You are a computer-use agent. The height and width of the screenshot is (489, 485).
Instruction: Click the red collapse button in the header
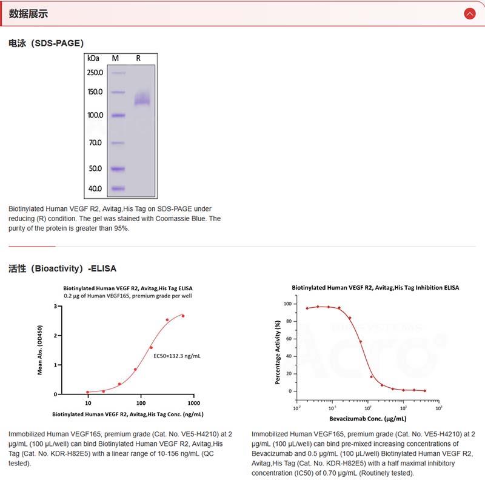[x=469, y=13]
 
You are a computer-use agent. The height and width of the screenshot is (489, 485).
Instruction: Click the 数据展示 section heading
[x=28, y=13]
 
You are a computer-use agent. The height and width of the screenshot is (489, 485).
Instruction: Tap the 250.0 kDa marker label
[x=95, y=73]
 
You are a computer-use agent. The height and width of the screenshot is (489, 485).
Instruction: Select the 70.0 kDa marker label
[x=95, y=143]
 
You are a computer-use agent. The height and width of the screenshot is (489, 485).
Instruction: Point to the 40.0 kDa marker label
[x=95, y=188]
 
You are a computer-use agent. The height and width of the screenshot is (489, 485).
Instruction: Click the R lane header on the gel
[x=138, y=58]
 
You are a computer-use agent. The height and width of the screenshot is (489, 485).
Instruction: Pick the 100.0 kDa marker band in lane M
[x=118, y=115]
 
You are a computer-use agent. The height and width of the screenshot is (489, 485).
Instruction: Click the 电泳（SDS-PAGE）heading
[x=46, y=43]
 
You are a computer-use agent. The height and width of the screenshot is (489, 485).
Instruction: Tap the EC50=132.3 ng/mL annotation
[x=176, y=356]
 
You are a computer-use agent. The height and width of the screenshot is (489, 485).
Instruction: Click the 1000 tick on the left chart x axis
[x=194, y=403]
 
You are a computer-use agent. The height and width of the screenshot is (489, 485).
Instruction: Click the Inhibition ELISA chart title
[x=375, y=287]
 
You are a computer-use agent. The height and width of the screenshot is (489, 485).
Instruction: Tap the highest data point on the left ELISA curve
[x=182, y=316]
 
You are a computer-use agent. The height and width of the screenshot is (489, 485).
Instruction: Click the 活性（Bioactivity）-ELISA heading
[x=62, y=268]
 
